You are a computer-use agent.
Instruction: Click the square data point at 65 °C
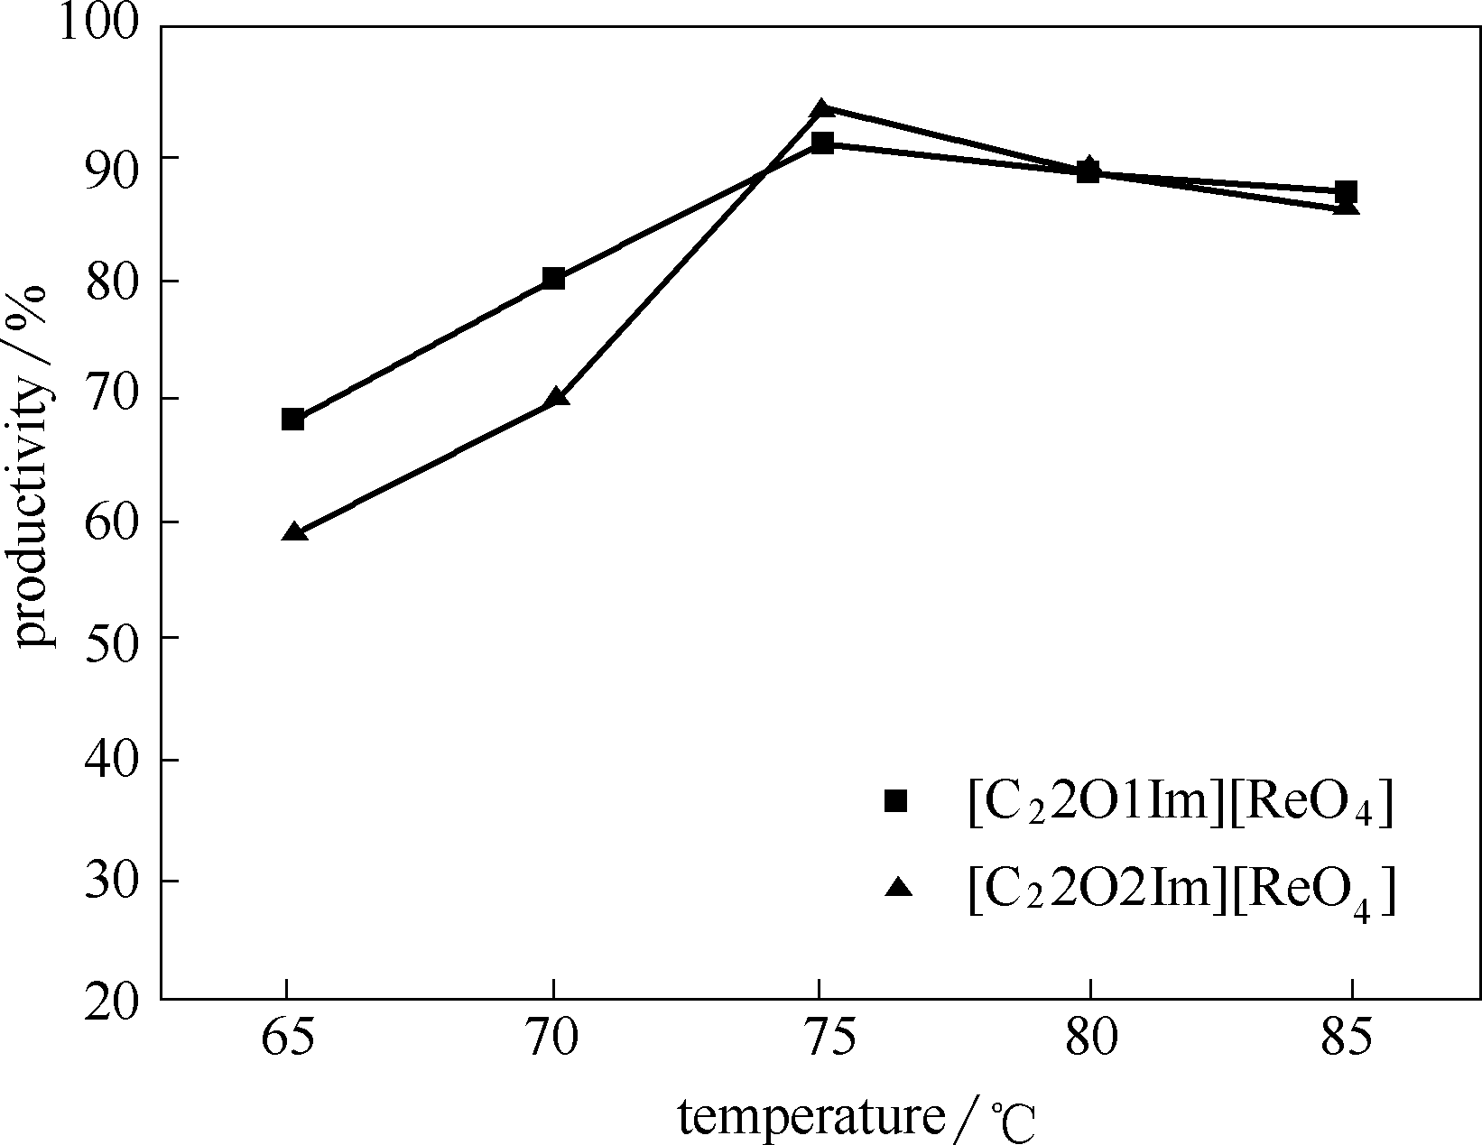pyautogui.click(x=292, y=420)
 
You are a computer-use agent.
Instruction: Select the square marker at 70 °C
pyautogui.click(x=553, y=278)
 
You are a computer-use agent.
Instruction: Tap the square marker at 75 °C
pyautogui.click(x=821, y=143)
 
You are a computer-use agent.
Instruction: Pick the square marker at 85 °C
pyautogui.click(x=1346, y=191)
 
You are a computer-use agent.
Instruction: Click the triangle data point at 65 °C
pyautogui.click(x=294, y=531)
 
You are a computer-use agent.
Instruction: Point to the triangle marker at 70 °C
pyautogui.click(x=557, y=397)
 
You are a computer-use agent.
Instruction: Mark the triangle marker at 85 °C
pyautogui.click(x=1346, y=207)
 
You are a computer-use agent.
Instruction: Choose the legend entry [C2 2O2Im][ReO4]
pyautogui.click(x=1181, y=891)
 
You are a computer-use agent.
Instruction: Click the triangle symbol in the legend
pyautogui.click(x=899, y=888)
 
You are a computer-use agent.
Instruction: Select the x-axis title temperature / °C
pyautogui.click(x=857, y=1119)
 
